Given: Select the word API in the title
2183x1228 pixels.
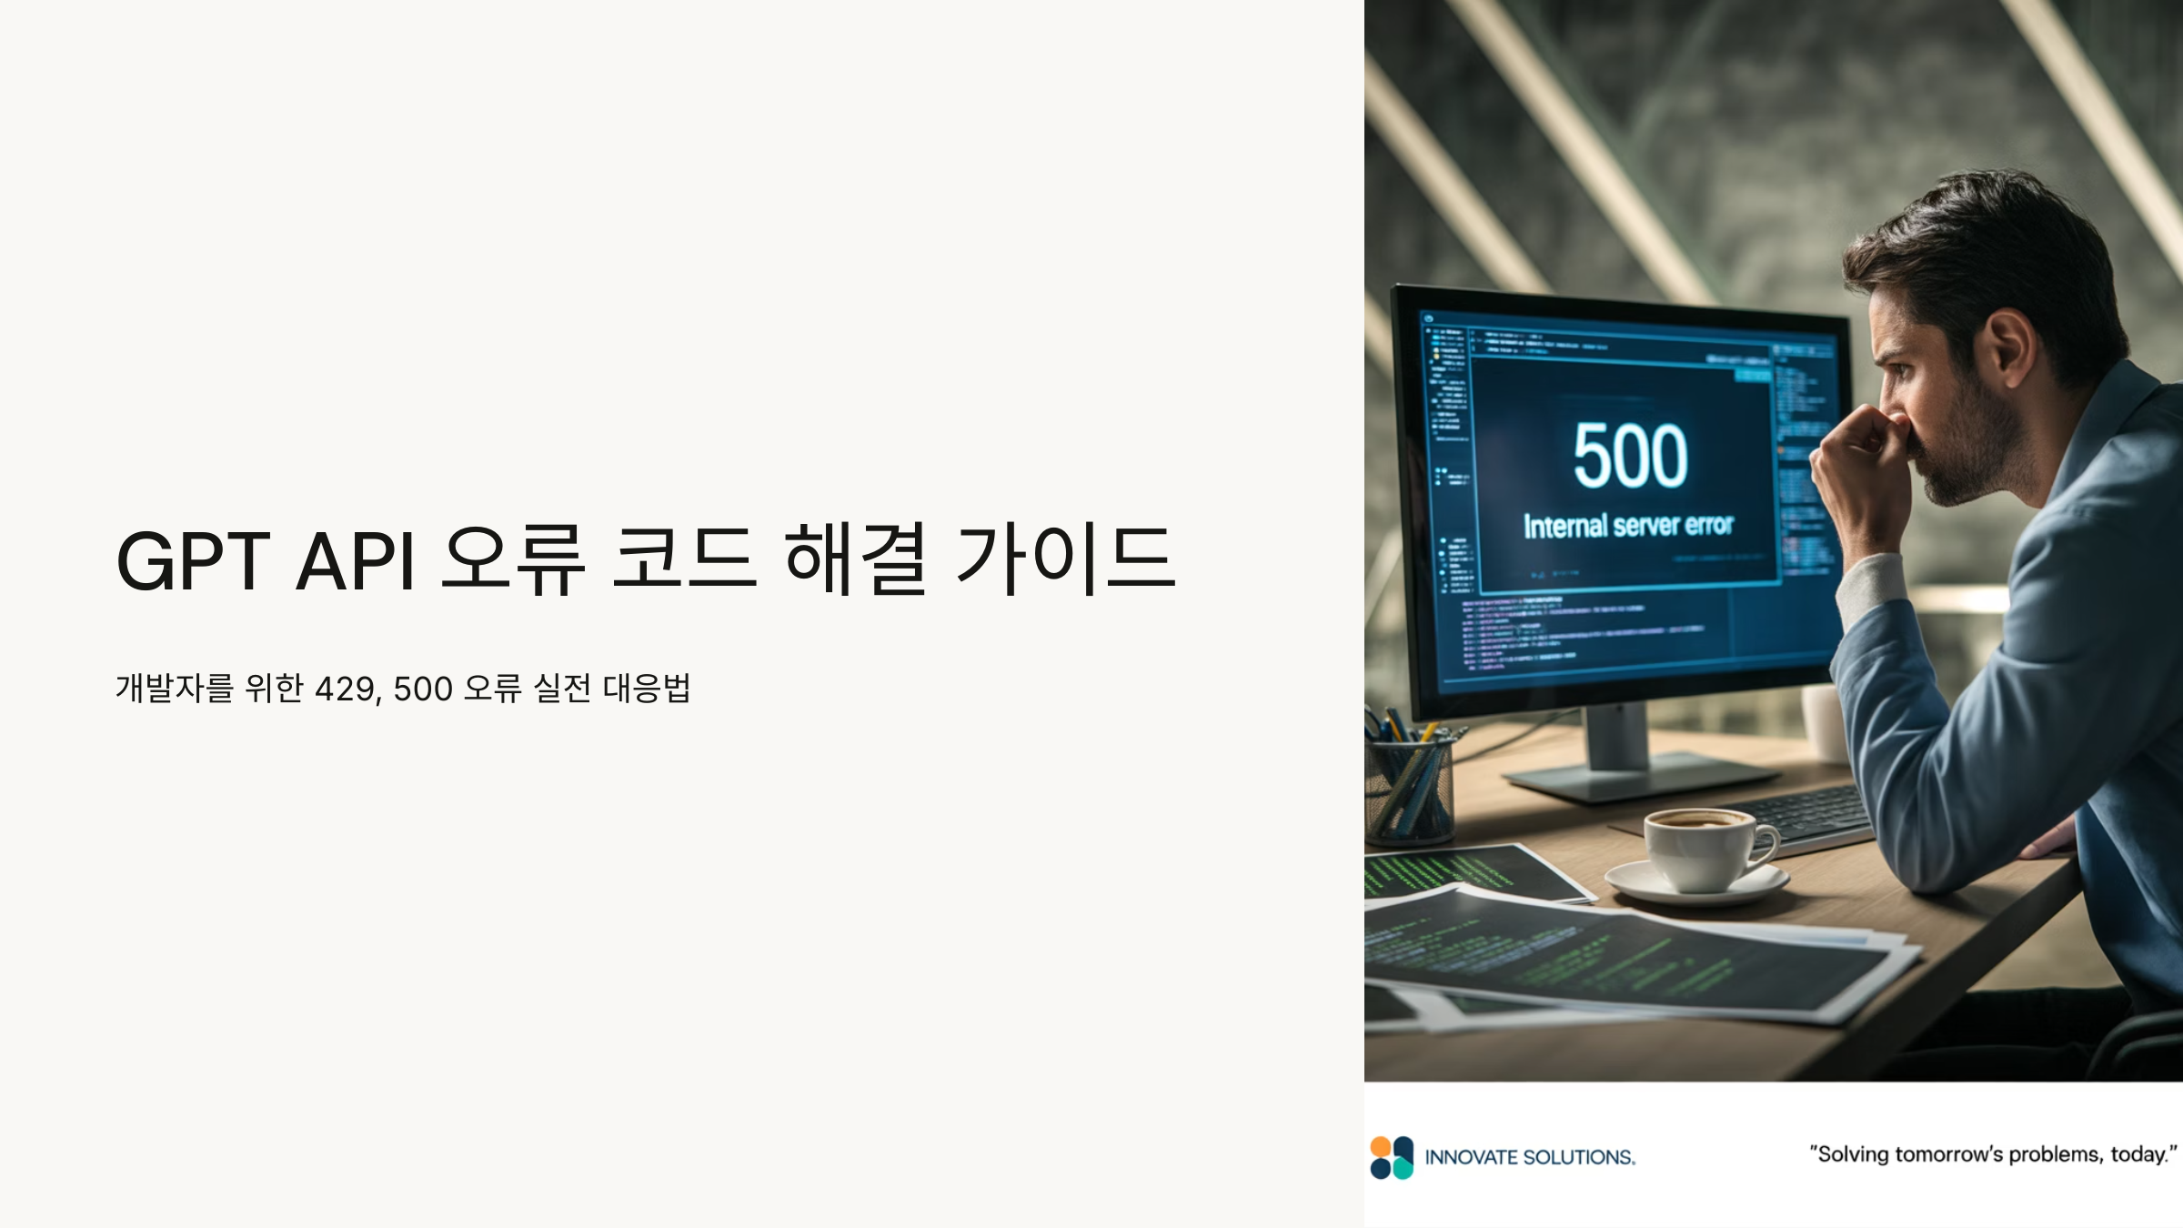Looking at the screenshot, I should coord(356,560).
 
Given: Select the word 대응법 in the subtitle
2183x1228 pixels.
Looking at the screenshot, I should coord(647,688).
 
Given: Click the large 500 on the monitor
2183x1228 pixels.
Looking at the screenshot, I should coord(1630,457).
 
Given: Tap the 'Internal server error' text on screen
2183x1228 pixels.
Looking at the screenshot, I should coord(1628,526).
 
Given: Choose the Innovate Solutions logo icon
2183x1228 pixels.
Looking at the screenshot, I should coord(1392,1157).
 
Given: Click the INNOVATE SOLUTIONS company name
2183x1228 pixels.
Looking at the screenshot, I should coord(1530,1158).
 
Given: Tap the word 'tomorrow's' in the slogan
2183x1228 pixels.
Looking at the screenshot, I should coord(1949,1154).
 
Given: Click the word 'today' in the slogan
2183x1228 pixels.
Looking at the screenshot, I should coord(2138,1154).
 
